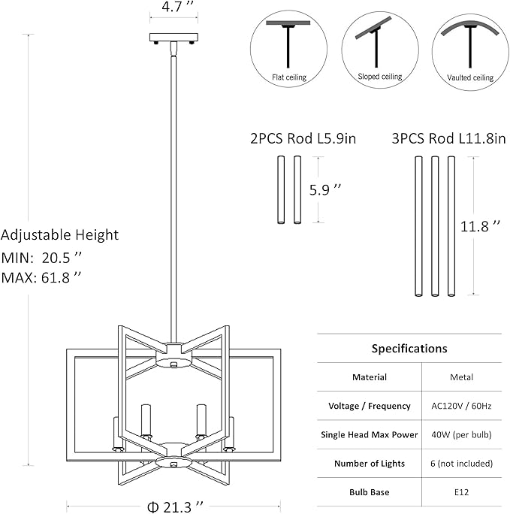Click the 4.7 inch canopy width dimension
click(x=174, y=10)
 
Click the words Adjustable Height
click(x=60, y=235)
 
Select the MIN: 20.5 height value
click(x=42, y=256)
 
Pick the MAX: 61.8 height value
click(x=42, y=277)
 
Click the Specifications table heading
click(x=409, y=349)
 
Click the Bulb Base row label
click(x=370, y=492)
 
